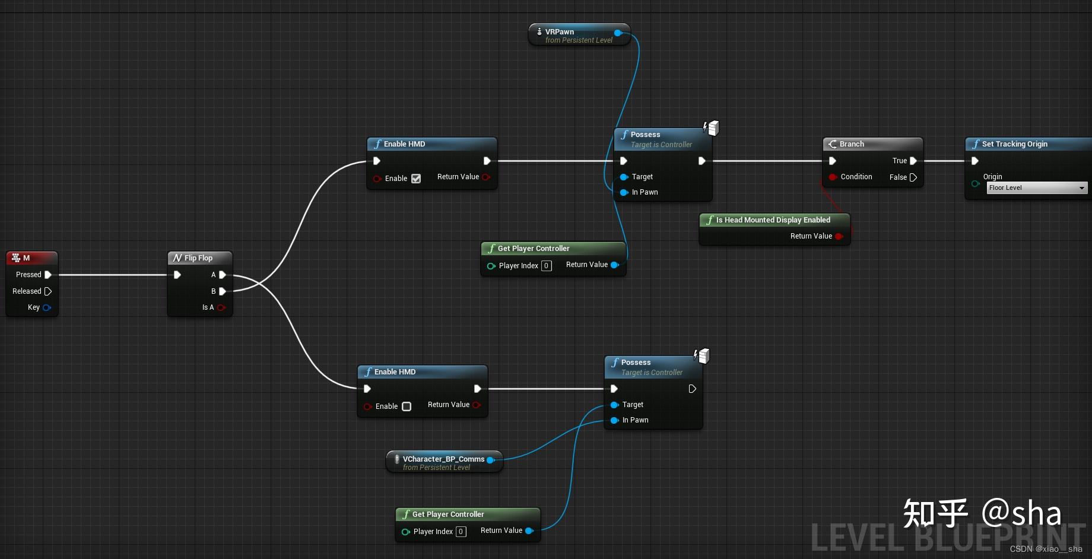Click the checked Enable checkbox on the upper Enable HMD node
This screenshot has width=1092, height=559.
coord(416,179)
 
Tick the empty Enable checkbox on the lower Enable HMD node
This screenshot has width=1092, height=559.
coord(407,406)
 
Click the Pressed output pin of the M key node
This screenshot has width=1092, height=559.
coord(48,275)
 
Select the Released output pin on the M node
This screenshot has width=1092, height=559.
coord(48,291)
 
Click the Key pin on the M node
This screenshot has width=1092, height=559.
coord(47,307)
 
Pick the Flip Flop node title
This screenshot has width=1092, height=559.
coord(198,258)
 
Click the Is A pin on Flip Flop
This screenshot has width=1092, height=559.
coord(221,307)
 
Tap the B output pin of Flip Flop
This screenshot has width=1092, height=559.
coord(223,291)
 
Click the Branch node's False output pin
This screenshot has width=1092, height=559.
coord(913,177)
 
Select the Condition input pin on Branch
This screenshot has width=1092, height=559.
coord(833,177)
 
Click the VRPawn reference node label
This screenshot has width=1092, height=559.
coord(560,32)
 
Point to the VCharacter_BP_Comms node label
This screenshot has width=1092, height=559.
coord(443,459)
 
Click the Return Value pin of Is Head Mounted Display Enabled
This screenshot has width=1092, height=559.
coord(839,236)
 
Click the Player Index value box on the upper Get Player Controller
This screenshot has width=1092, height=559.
coord(547,266)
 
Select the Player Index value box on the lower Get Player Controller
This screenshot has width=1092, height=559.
coord(461,532)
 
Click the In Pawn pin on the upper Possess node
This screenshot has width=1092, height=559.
coord(624,192)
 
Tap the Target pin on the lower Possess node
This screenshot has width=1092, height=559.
coord(614,405)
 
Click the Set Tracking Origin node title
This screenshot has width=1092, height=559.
coord(1015,144)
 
